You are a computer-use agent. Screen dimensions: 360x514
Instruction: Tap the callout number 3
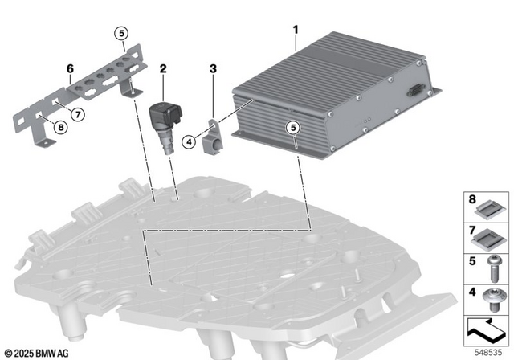(x=213, y=70)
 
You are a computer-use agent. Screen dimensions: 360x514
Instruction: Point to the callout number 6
(x=70, y=68)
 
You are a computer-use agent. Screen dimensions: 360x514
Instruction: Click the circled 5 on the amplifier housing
(x=293, y=127)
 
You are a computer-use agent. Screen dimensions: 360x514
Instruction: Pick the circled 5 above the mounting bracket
(x=120, y=33)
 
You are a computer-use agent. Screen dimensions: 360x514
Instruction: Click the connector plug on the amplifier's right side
(x=417, y=92)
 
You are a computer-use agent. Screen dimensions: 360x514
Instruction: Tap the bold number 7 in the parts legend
(x=471, y=231)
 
